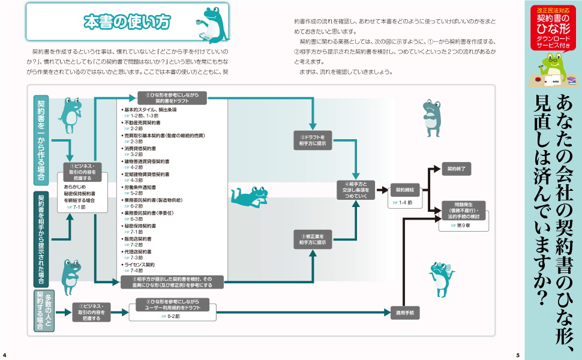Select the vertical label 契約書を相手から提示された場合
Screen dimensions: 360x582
click(41, 239)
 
